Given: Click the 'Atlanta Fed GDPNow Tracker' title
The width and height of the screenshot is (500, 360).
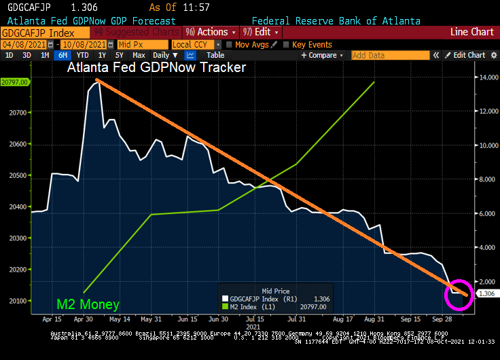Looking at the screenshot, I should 156,68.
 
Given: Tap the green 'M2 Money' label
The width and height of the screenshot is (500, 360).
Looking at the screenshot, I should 88,305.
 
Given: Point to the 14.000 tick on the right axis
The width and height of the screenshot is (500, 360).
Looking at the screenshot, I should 486,78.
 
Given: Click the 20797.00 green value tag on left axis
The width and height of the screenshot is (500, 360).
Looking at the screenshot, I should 14,82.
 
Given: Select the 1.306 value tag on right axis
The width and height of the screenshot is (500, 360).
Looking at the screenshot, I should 486,293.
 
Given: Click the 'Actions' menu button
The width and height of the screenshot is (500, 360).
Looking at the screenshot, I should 211,32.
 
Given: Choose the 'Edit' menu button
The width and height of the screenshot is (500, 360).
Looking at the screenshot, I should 260,32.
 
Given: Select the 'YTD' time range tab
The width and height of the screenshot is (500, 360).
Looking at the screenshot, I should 82,55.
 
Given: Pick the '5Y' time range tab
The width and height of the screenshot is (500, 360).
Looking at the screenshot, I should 119,55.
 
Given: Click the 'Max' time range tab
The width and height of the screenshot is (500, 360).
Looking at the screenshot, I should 139,55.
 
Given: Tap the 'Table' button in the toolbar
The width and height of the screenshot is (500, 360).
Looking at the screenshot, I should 215,55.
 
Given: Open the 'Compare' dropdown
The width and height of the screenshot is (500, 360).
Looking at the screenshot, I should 323,55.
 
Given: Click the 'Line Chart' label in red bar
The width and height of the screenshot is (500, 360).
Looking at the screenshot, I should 471,32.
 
